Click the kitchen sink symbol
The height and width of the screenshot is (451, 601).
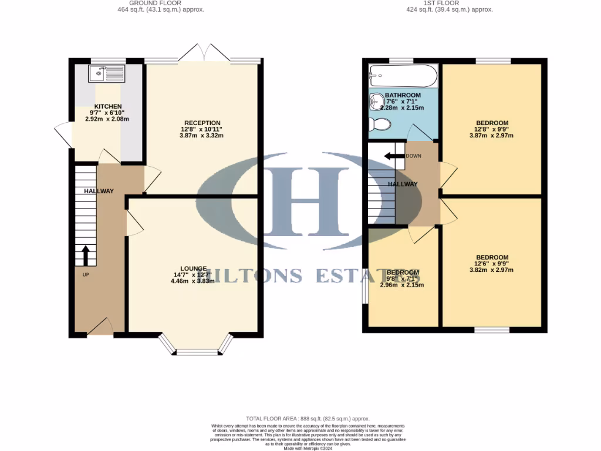pyautogui.click(x=106, y=74)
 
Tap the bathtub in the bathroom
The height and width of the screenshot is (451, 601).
pyautogui.click(x=403, y=76)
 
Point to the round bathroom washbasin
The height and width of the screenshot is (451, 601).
pyautogui.click(x=376, y=103)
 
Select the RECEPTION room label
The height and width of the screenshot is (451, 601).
pyautogui.click(x=202, y=123)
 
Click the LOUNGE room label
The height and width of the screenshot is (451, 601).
pyautogui.click(x=193, y=268)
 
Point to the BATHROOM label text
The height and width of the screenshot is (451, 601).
pyautogui.click(x=403, y=95)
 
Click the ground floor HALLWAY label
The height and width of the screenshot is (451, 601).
pyautogui.click(x=99, y=191)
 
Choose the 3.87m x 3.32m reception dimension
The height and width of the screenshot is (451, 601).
pyautogui.click(x=202, y=136)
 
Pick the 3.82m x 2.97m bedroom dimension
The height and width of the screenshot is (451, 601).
pyautogui.click(x=491, y=270)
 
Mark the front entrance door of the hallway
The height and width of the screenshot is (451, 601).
pyautogui.click(x=100, y=328)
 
